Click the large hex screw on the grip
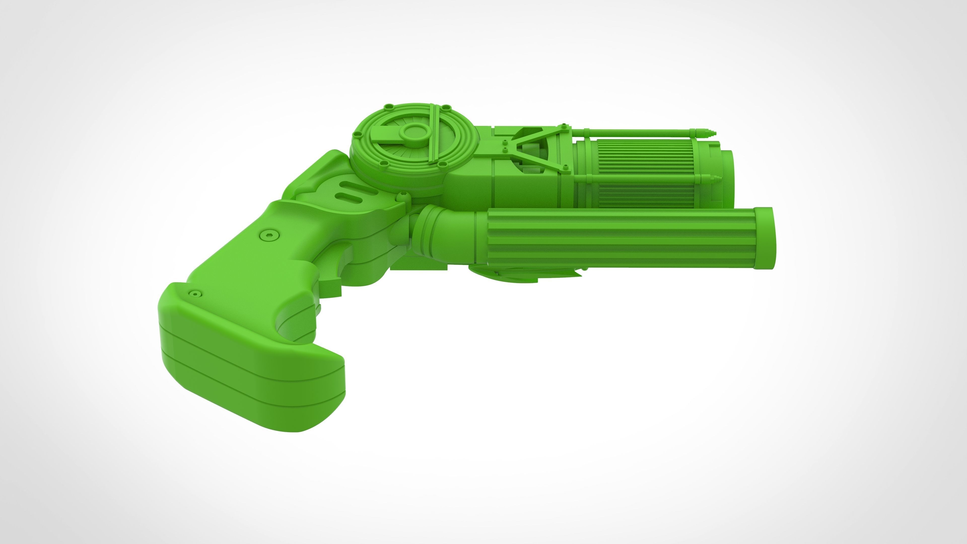pyautogui.click(x=269, y=235)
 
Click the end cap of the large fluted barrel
pyautogui.click(x=764, y=238)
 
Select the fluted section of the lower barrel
pyautogui.click(x=619, y=238)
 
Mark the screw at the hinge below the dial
pyautogui.click(x=403, y=194)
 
